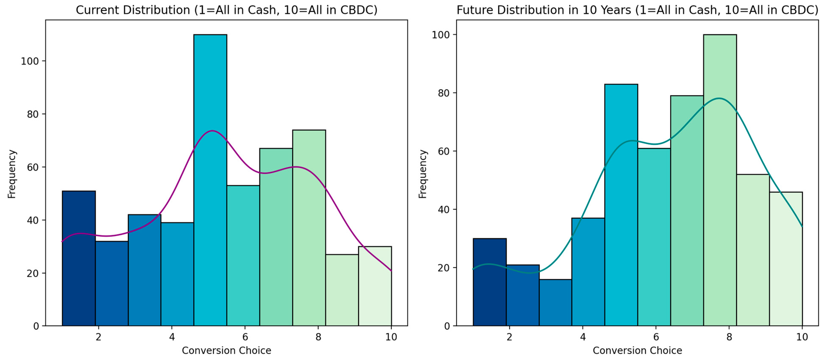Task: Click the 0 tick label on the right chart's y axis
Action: click(x=447, y=326)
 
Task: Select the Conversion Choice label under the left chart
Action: click(x=226, y=351)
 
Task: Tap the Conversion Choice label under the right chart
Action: click(x=637, y=351)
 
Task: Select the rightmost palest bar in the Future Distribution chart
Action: click(x=786, y=259)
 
